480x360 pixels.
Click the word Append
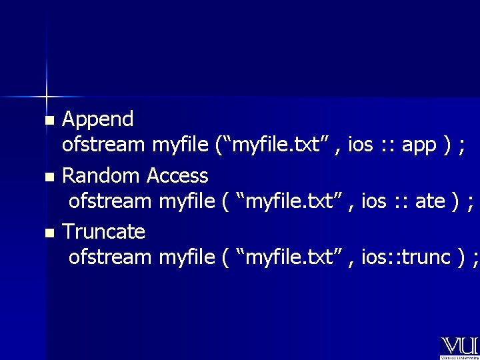coord(98,120)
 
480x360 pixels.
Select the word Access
coord(177,176)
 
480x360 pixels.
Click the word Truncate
coord(103,232)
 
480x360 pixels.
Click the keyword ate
coord(430,201)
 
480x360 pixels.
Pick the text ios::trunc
coord(407,257)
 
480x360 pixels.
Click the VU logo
coord(459,346)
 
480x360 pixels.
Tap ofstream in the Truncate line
coord(111,257)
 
